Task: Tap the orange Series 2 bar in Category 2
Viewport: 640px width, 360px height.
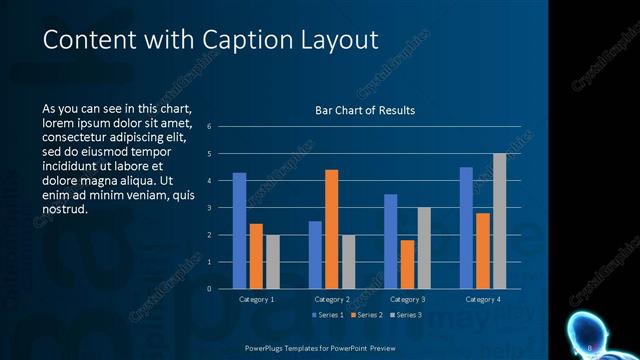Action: pyautogui.click(x=332, y=229)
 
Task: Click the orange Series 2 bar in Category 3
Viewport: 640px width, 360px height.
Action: pyautogui.click(x=408, y=264)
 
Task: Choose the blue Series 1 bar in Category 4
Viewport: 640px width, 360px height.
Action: pyautogui.click(x=466, y=228)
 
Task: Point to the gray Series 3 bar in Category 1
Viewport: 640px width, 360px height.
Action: pyautogui.click(x=273, y=262)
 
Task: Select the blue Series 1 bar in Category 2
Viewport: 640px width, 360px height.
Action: pyautogui.click(x=315, y=255)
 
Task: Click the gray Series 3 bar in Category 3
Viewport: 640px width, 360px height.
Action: pyautogui.click(x=424, y=248)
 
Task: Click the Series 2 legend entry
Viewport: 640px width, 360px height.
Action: pyautogui.click(x=366, y=315)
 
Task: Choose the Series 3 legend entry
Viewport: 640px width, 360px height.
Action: pyautogui.click(x=406, y=315)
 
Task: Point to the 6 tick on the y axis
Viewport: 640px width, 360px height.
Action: pyautogui.click(x=209, y=127)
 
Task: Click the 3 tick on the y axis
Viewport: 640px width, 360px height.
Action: pyautogui.click(x=209, y=208)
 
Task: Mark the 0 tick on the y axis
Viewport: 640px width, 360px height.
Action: pyautogui.click(x=209, y=289)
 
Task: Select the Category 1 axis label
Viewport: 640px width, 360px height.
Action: pyautogui.click(x=257, y=299)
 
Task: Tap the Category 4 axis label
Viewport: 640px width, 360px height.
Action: pyautogui.click(x=483, y=299)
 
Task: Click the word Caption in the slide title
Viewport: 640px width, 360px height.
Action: pyautogui.click(x=241, y=40)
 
